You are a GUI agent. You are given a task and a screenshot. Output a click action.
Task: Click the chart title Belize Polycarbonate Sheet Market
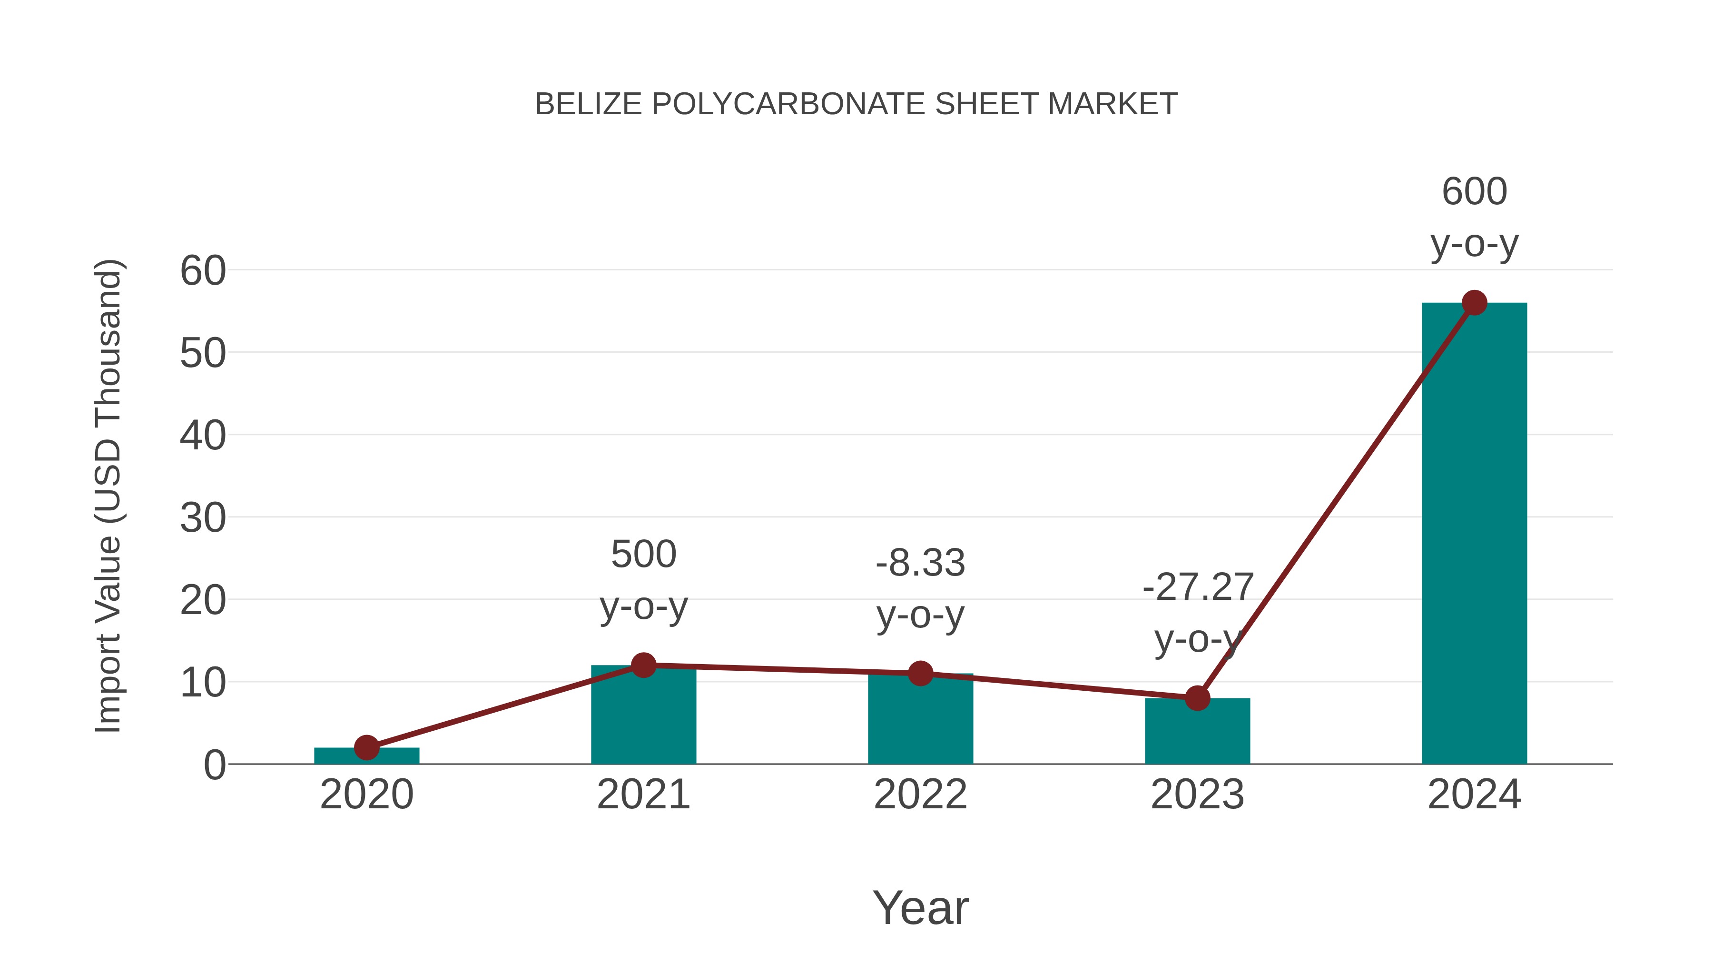[x=856, y=104]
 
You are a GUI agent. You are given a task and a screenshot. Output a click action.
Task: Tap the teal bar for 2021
[x=643, y=718]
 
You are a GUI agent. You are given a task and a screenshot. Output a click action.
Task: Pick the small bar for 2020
[x=366, y=756]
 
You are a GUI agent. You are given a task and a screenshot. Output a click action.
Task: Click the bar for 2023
[x=1197, y=732]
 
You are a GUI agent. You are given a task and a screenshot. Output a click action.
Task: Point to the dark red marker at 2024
[x=1474, y=303]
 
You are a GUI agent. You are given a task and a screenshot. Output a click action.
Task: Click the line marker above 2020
[x=366, y=747]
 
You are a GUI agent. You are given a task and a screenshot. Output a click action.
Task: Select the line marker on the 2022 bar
[x=920, y=673]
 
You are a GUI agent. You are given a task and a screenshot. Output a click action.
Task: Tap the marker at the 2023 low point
[x=1197, y=698]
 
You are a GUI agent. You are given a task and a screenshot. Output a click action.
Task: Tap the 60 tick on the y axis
[x=203, y=271]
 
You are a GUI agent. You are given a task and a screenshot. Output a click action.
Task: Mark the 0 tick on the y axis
[x=214, y=765]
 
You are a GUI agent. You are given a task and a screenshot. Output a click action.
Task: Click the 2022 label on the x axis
[x=920, y=795]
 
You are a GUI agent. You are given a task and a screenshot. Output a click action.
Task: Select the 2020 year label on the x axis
[x=366, y=795]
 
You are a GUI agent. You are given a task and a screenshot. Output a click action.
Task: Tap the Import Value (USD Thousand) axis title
[x=108, y=496]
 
